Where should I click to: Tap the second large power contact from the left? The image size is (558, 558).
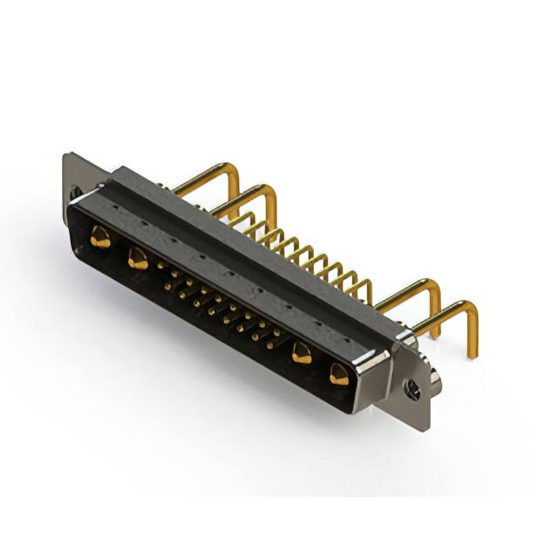point(137,258)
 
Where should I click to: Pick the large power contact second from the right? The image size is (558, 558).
point(302,354)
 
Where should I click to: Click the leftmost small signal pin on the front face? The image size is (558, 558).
point(160,265)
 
